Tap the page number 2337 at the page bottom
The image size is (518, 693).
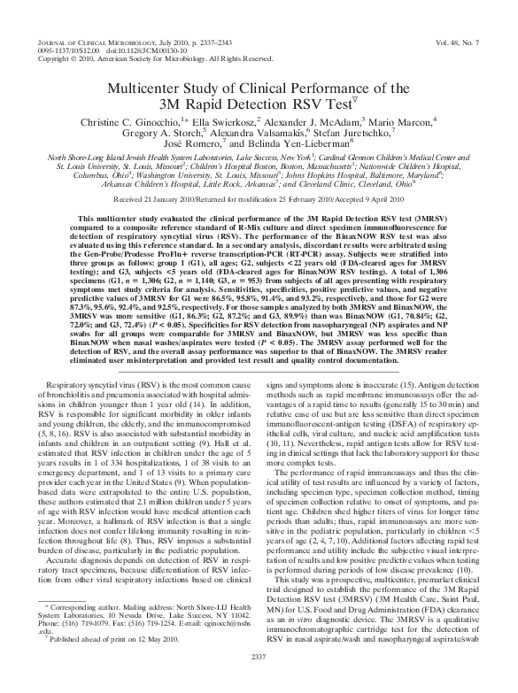pos(259,680)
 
